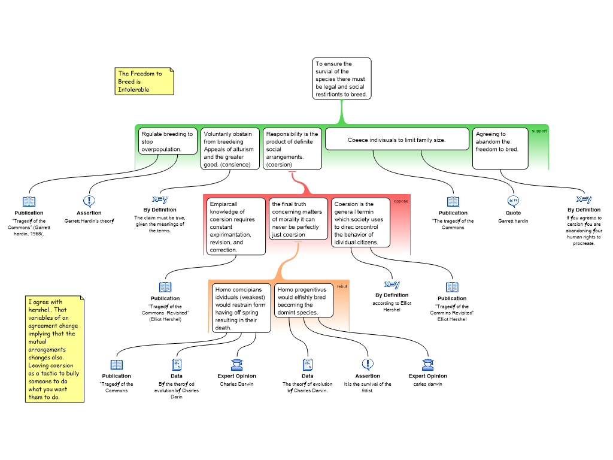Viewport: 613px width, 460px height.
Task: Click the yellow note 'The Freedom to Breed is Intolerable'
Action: [x=144, y=81]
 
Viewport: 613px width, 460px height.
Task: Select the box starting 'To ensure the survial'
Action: [x=341, y=78]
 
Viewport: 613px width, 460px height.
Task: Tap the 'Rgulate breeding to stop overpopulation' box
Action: [x=167, y=141]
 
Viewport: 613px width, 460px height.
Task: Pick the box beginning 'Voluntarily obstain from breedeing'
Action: [x=230, y=149]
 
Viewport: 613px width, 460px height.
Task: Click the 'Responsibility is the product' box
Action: [x=292, y=149]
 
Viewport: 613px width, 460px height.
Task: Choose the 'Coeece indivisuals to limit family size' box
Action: [x=396, y=140]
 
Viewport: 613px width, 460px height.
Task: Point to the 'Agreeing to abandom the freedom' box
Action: [x=500, y=148]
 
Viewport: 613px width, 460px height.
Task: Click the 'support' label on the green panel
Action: [x=539, y=131]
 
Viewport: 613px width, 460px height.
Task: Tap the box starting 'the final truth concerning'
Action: [x=298, y=219]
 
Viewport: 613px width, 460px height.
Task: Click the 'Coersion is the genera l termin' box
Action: [x=360, y=223]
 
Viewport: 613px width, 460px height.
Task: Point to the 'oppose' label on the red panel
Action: [x=400, y=201]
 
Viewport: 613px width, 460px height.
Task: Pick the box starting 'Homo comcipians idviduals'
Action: [x=241, y=308]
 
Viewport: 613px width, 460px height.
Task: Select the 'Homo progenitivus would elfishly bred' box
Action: [x=304, y=301]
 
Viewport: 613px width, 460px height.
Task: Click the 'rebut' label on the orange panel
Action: [x=342, y=286]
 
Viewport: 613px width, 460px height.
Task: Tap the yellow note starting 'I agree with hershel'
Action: [x=54, y=349]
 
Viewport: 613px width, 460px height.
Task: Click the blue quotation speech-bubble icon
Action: [x=513, y=201]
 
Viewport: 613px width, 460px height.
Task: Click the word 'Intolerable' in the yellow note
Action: [x=133, y=90]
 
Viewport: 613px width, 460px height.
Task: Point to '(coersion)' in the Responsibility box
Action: [x=279, y=165]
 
